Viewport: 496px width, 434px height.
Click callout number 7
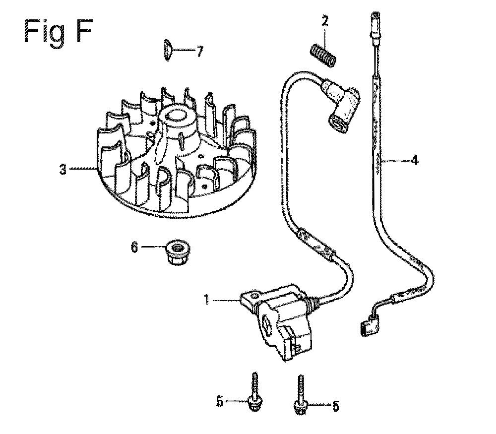tap(199, 51)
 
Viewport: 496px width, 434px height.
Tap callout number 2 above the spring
tap(325, 22)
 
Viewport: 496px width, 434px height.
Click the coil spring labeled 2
tap(322, 56)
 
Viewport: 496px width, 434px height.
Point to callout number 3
tap(63, 170)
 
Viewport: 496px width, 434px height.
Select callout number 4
tap(414, 160)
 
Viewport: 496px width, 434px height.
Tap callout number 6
tap(134, 248)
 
